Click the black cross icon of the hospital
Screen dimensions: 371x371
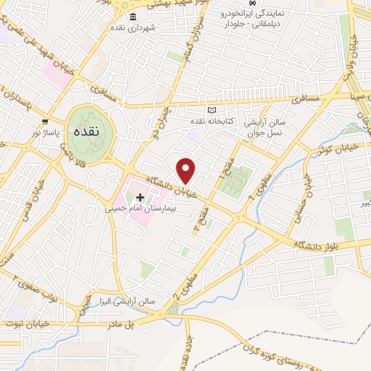[x=140, y=197]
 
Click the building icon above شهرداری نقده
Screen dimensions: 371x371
[x=132, y=17]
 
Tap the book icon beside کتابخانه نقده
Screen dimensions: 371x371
[x=212, y=109]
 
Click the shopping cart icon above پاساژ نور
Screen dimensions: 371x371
[x=45, y=122]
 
